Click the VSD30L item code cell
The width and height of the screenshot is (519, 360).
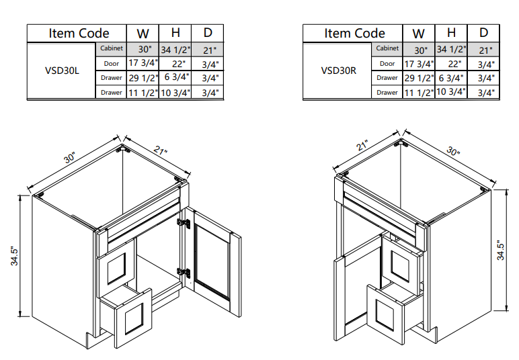(63, 71)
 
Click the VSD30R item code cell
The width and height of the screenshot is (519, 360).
(338, 71)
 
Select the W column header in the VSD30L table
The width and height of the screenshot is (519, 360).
(143, 33)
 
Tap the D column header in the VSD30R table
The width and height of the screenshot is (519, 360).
(483, 33)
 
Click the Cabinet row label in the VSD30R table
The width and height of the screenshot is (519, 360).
(387, 48)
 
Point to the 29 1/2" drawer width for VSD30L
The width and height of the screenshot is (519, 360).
(143, 78)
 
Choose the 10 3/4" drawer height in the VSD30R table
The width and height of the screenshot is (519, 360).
(451, 93)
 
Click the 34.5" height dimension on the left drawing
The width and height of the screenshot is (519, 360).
(14, 256)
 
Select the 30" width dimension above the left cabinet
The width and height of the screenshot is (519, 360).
(71, 158)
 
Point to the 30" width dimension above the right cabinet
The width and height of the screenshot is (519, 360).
(454, 152)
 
